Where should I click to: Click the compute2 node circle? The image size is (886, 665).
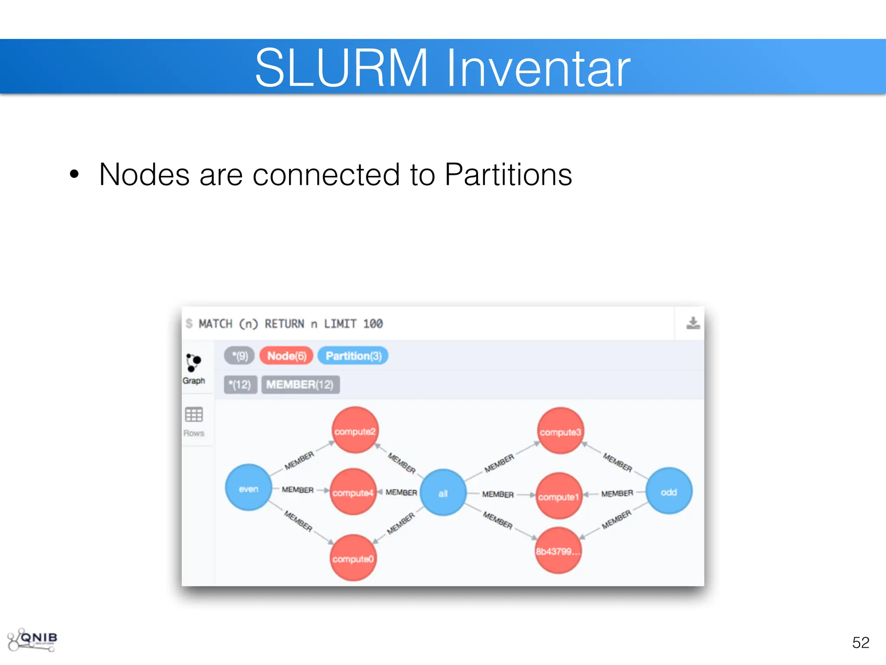355,430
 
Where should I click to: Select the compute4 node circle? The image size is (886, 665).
353,492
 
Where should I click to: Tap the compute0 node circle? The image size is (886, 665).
353,558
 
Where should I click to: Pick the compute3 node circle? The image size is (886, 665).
560,431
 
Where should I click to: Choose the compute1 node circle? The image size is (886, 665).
559,496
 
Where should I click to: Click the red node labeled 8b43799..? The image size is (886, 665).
558,551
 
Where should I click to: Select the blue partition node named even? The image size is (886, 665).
248,488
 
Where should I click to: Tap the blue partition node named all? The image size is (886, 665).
443,493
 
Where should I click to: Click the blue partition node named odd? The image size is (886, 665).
669,491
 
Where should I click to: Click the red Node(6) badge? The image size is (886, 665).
286,356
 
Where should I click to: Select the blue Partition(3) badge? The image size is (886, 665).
353,356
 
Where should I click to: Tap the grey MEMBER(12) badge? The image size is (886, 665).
300,384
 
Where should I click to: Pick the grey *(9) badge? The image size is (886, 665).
239,356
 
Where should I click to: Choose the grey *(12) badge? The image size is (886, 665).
240,384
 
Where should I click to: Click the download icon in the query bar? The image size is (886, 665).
693,323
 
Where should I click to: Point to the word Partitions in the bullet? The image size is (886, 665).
508,174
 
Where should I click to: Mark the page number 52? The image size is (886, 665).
860,642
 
